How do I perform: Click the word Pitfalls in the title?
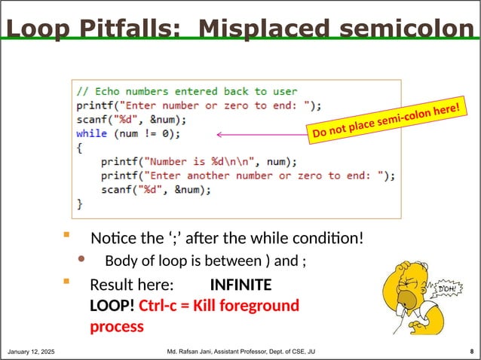coord(125,29)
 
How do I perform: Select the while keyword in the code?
coord(92,133)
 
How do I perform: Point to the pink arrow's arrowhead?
coord(219,135)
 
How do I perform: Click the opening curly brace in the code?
coord(79,148)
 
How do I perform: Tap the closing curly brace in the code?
coord(79,203)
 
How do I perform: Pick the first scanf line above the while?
coord(131,119)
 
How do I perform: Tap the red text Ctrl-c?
coord(160,307)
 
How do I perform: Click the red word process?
coord(116,327)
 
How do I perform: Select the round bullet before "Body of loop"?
coord(84,261)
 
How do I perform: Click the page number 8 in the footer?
coord(471,352)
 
